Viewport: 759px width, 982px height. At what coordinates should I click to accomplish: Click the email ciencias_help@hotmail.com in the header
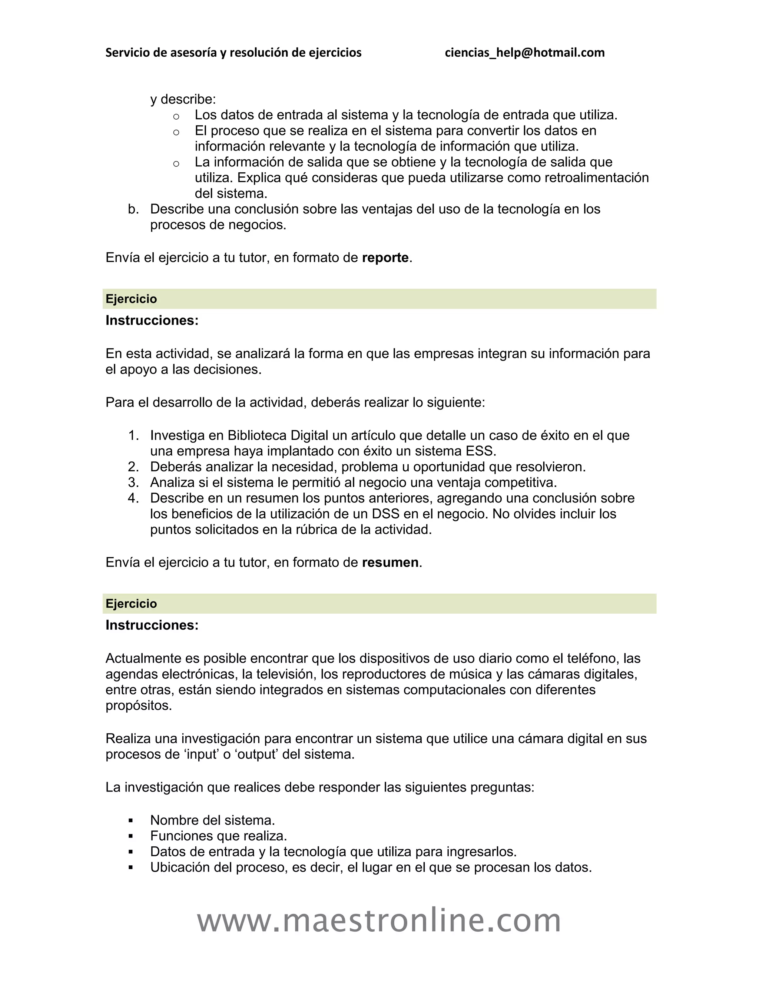click(x=524, y=53)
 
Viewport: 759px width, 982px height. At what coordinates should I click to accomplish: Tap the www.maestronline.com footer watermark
click(x=379, y=920)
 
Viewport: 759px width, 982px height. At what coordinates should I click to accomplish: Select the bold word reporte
click(x=385, y=258)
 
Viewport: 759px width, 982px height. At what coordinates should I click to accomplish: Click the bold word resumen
click(x=390, y=563)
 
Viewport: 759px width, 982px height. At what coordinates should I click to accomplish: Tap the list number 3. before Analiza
click(x=133, y=482)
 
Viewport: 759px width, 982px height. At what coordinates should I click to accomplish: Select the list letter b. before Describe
click(x=133, y=209)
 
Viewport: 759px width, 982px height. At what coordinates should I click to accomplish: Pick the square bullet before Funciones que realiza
click(x=131, y=836)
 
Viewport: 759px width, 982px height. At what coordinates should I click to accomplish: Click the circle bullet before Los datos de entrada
click(x=176, y=117)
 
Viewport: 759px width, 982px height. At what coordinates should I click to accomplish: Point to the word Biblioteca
click(x=257, y=435)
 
